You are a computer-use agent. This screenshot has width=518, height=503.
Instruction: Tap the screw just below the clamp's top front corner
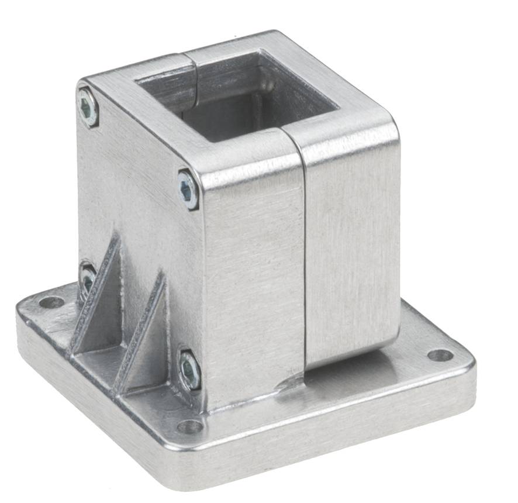coord(188,189)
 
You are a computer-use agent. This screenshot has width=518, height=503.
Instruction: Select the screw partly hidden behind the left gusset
coord(88,278)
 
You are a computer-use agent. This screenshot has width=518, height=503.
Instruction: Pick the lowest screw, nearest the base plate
coord(189,370)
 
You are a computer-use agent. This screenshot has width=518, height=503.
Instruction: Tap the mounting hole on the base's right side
coord(440,355)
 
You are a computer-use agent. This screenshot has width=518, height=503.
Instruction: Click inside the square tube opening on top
coord(246,99)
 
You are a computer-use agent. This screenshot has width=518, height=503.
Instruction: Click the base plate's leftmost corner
coord(19,316)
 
